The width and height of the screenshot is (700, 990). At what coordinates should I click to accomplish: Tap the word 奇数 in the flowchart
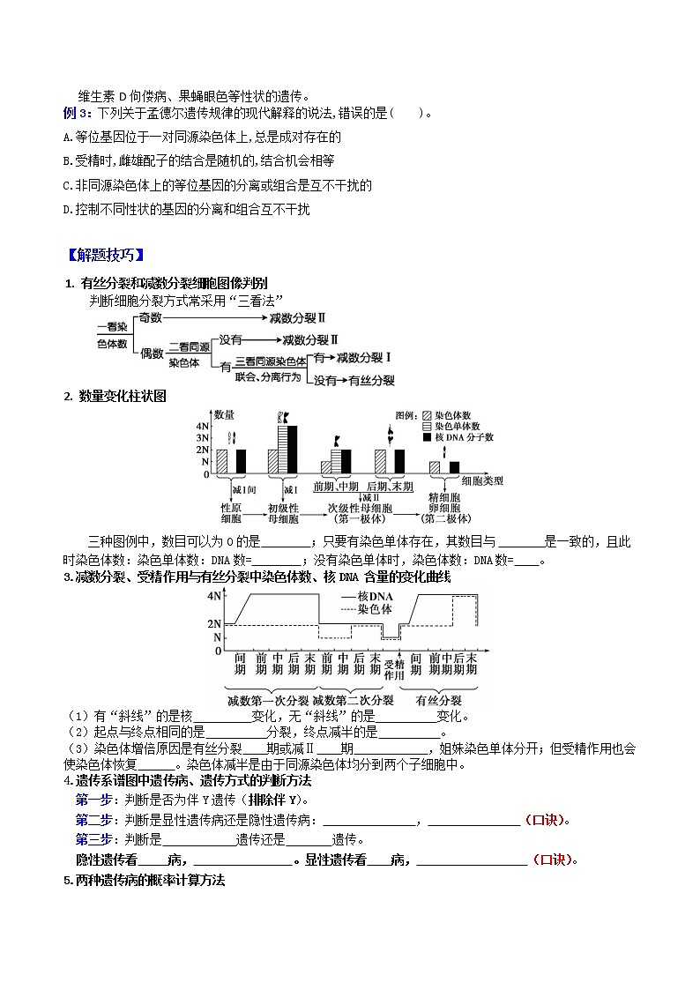click(x=151, y=317)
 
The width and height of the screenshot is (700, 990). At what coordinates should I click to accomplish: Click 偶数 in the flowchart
click(x=152, y=353)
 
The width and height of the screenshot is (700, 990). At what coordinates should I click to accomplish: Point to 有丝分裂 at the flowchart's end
click(x=370, y=381)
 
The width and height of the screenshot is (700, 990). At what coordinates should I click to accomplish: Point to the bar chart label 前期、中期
click(x=336, y=486)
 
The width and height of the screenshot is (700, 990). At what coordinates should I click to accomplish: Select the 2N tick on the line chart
click(x=214, y=623)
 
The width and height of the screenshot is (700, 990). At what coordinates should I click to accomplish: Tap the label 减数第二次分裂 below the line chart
click(x=352, y=701)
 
